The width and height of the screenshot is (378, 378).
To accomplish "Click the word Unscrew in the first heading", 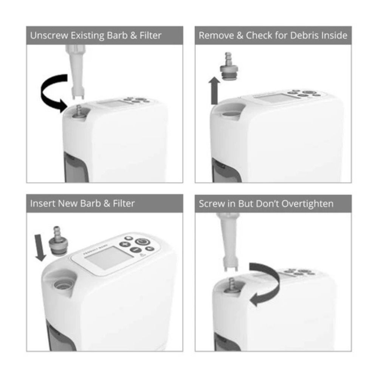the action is pyautogui.click(x=49, y=36).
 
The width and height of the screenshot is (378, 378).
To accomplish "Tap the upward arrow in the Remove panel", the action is pyautogui.click(x=214, y=91).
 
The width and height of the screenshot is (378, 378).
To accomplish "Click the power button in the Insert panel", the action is pyautogui.click(x=143, y=242).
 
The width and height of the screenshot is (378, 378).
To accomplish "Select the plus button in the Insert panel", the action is pyautogui.click(x=125, y=244).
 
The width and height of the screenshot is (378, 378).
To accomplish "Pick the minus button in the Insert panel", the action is pyautogui.click(x=136, y=249).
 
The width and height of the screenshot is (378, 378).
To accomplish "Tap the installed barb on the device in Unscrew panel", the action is pyautogui.click(x=79, y=112).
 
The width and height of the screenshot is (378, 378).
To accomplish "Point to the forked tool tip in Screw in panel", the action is pyautogui.click(x=230, y=265).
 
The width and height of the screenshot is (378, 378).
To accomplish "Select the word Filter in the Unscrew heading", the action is pyautogui.click(x=150, y=36).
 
